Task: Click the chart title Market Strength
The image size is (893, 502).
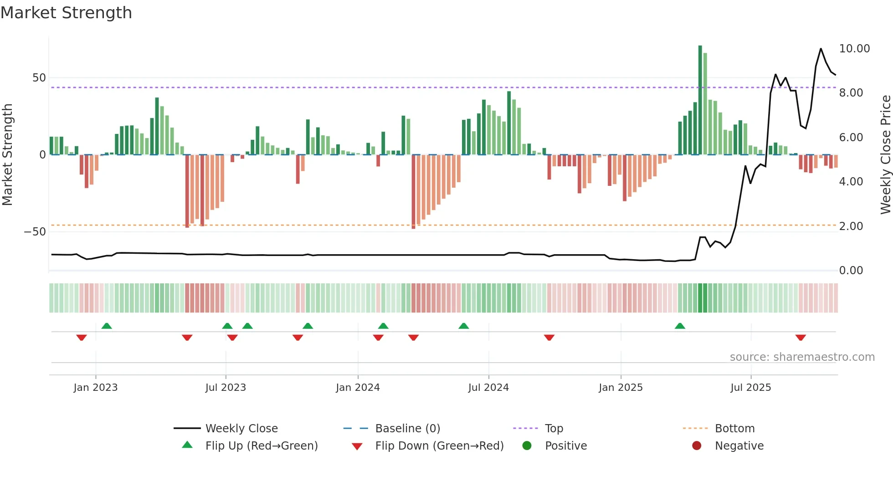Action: click(x=67, y=13)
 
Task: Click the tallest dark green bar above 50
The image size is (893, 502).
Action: click(x=700, y=100)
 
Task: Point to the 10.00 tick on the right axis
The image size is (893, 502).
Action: click(x=854, y=49)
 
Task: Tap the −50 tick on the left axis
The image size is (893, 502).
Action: click(x=35, y=232)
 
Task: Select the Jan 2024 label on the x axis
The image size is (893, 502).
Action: click(x=358, y=388)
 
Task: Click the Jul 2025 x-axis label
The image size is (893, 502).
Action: click(x=750, y=388)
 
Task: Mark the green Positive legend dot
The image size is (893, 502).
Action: click(x=527, y=446)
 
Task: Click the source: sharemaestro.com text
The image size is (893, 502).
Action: click(x=802, y=357)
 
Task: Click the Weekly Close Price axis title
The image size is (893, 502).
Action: click(x=885, y=155)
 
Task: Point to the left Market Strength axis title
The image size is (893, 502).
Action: click(x=8, y=155)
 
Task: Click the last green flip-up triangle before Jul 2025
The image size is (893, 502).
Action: click(x=680, y=326)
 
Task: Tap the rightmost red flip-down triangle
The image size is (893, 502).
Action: click(x=801, y=338)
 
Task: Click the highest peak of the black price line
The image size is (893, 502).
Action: click(x=821, y=49)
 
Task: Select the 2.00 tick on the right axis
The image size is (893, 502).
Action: click(x=851, y=226)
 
